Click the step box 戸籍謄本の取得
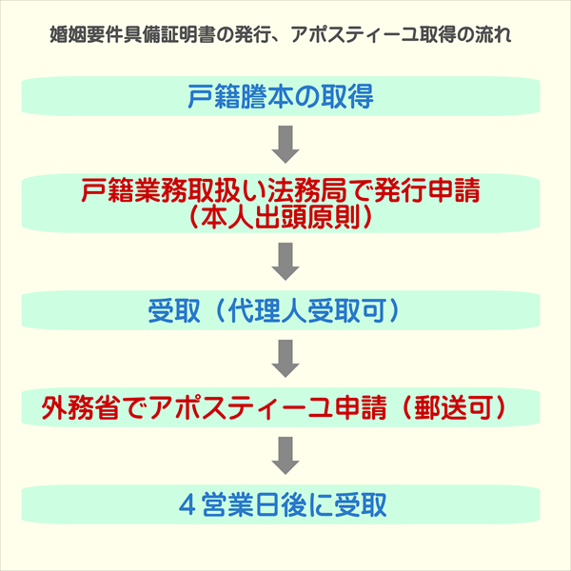pyautogui.click(x=285, y=96)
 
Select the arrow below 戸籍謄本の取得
pyautogui.click(x=285, y=145)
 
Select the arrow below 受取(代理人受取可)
pyautogui.click(x=285, y=359)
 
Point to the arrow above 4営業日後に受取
pyautogui.click(x=285, y=456)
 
